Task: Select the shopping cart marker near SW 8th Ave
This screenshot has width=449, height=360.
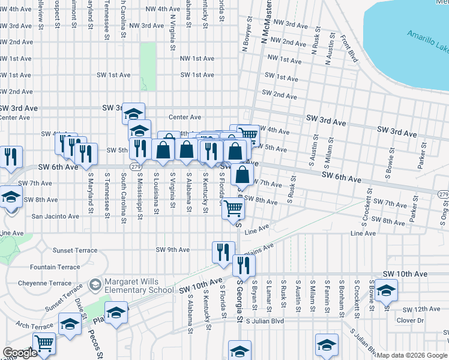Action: (234, 209)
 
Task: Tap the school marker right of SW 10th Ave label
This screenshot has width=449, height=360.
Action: (386, 291)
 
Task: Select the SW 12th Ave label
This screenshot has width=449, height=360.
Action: (421, 310)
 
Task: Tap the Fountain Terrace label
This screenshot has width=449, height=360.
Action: (55, 267)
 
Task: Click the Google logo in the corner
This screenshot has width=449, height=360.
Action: (20, 353)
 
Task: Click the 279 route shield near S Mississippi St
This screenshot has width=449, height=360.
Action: (136, 166)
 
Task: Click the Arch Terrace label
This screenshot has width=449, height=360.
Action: (32, 325)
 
